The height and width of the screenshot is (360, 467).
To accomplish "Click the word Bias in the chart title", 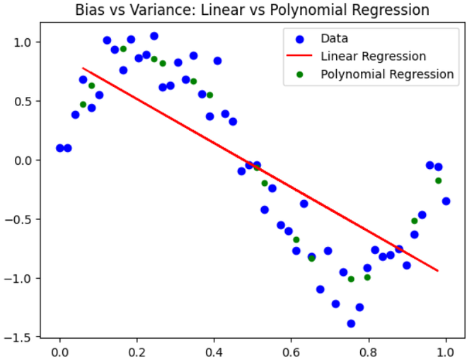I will (x=89, y=11).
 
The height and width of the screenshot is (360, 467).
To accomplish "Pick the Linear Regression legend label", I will (x=373, y=56).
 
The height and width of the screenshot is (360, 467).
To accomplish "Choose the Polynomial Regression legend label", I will (x=386, y=74).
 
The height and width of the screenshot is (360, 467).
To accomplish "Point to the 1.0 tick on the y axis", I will (x=28, y=42).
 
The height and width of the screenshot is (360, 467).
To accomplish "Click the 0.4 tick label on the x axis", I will (x=214, y=349).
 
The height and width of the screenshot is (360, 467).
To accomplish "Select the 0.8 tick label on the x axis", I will (x=369, y=349).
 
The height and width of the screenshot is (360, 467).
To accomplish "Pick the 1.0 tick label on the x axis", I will (x=446, y=349).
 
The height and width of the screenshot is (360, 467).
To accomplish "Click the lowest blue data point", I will (x=351, y=323).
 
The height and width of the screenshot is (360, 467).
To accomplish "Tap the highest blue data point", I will (x=154, y=36).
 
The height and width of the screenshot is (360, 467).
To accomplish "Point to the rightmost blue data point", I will (x=446, y=201).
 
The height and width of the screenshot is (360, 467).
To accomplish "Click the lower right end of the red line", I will (x=438, y=270).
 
